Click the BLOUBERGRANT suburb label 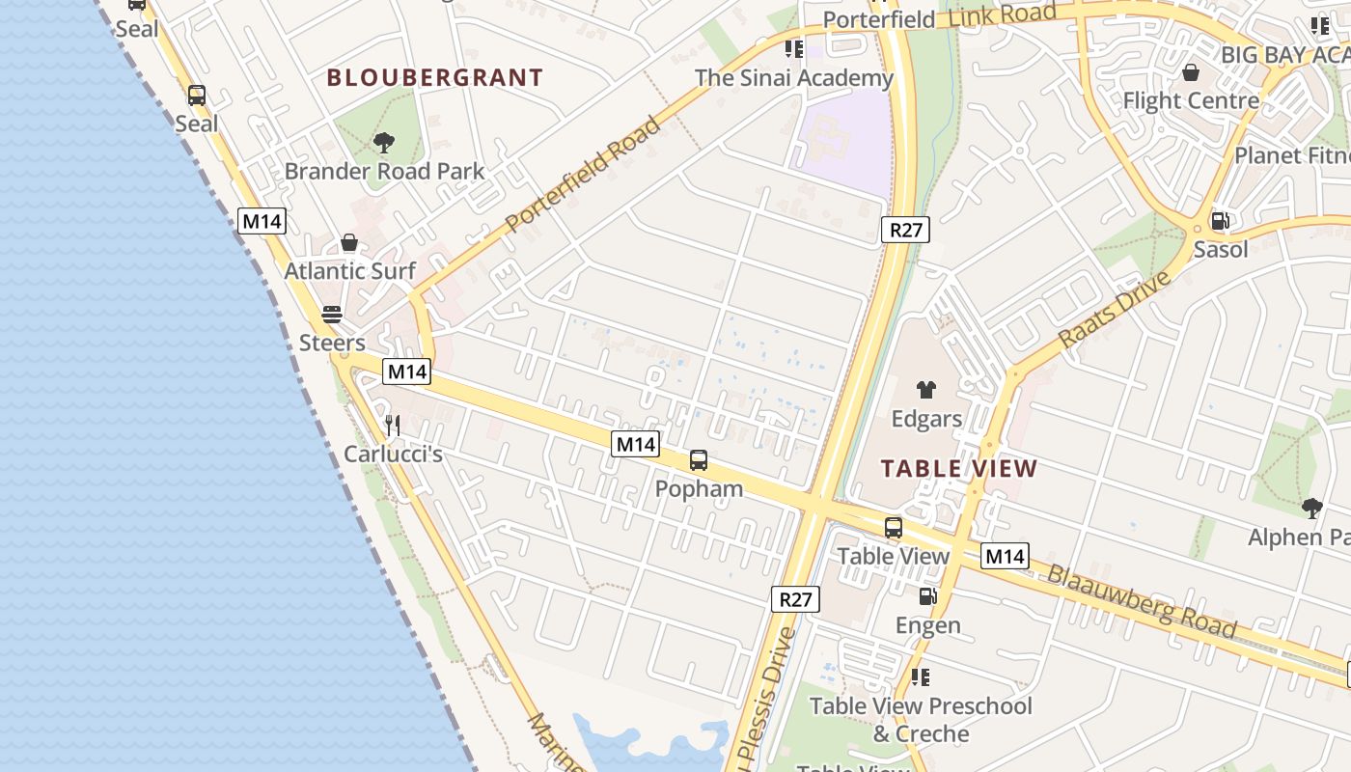pos(434,78)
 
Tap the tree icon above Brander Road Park pos(384,144)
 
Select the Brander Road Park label pos(384,172)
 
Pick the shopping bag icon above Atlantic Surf pos(349,242)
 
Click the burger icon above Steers pos(332,315)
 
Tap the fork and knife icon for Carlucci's pos(393,425)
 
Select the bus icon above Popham pos(699,460)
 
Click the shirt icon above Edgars pos(926,390)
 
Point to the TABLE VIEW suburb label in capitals pos(959,470)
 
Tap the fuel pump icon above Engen pos(927,596)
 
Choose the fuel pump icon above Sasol pos(1220,221)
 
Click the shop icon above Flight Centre pos(1191,72)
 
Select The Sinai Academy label pos(794,78)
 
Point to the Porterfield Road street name pos(583,175)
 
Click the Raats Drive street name pos(1115,311)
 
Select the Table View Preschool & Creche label pos(921,720)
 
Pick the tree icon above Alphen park pos(1311,508)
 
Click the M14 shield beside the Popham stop pos(635,444)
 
